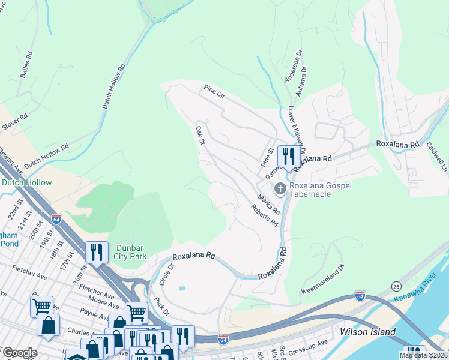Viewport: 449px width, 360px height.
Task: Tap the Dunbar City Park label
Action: pyautogui.click(x=130, y=251)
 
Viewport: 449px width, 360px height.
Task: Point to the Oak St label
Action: pyautogui.click(x=200, y=134)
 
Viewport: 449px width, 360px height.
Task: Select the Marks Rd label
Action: pyautogui.click(x=269, y=204)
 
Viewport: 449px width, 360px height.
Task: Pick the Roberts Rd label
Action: pyautogui.click(x=265, y=215)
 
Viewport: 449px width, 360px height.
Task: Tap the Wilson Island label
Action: pyautogui.click(x=367, y=332)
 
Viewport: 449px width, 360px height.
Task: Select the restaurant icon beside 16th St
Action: pyautogui.click(x=97, y=253)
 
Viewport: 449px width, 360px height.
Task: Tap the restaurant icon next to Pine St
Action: pyautogui.click(x=288, y=158)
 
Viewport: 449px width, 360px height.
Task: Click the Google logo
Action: pyautogui.click(x=20, y=353)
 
